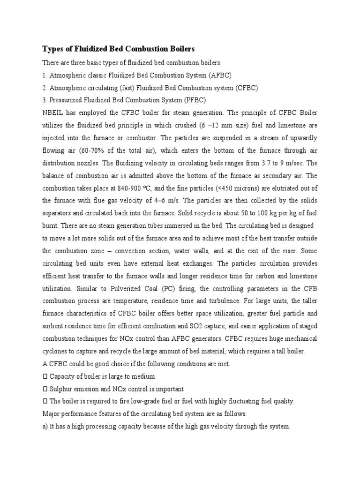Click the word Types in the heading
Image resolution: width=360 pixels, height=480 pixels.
[53, 49]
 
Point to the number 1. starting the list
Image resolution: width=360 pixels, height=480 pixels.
[45, 75]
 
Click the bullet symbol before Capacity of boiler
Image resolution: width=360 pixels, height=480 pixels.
[45, 377]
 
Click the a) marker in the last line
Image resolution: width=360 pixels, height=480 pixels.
[45, 427]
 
